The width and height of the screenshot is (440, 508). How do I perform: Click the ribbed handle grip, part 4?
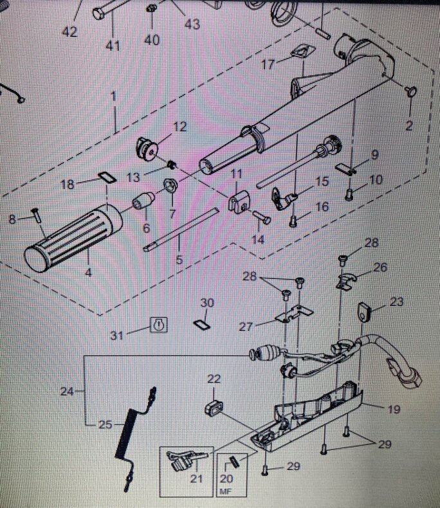coord(73,238)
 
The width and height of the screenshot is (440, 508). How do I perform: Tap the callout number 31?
coord(117,336)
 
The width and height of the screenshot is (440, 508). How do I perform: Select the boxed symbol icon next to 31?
coord(159,325)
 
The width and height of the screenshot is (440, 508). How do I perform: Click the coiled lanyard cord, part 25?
coord(135,439)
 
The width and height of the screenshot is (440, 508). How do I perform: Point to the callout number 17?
coord(268,65)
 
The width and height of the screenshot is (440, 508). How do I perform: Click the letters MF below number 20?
coord(226,492)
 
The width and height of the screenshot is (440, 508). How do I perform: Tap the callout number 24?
coord(67,392)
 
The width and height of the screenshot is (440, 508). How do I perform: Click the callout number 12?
coord(180,126)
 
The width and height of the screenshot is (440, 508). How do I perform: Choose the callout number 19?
coord(394,410)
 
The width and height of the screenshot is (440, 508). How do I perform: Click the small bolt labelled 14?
coord(261,217)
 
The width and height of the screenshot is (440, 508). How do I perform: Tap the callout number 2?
coord(409,125)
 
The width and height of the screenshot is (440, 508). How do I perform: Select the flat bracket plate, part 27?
coord(294,313)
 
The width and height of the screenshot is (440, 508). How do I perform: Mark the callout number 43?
coord(192,24)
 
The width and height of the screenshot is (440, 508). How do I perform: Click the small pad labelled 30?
coord(202,324)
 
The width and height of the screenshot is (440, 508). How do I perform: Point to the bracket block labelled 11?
coord(239,201)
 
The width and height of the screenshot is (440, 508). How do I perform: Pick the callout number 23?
coord(397,302)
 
